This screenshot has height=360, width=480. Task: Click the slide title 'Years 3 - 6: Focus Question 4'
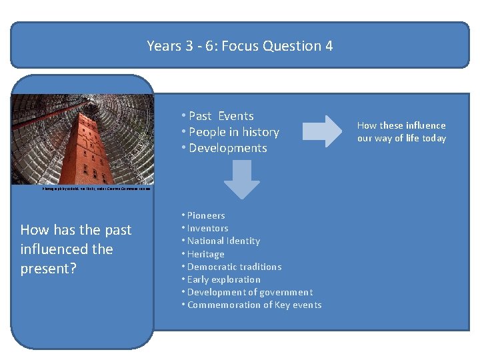pos(240,46)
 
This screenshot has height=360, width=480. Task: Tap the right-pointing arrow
pos(323,131)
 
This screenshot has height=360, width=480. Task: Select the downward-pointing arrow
pos(241,179)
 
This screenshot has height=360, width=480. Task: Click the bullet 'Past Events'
pos(221,116)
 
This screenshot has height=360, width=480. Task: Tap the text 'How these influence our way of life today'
pos(401,132)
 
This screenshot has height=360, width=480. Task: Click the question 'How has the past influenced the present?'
pos(76,249)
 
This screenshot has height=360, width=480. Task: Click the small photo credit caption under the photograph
pos(96,189)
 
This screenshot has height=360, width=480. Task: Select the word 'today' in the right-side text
pos(432,139)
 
